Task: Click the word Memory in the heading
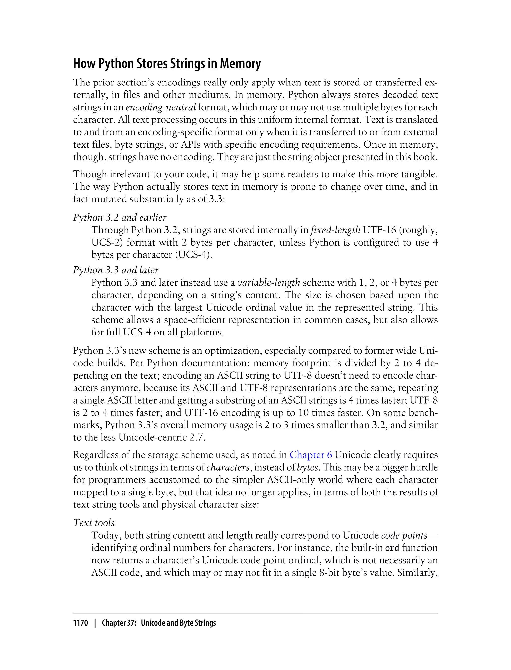tap(240, 64)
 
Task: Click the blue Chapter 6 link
tap(311, 455)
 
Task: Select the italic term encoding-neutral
tap(161, 107)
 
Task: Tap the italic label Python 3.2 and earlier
tap(120, 218)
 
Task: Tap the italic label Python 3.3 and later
tap(116, 270)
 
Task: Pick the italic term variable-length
tap(268, 283)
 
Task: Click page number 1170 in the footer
tap(81, 623)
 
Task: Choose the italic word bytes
tap(307, 467)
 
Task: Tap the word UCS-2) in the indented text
tap(107, 243)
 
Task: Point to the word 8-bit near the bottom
tap(329, 573)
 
